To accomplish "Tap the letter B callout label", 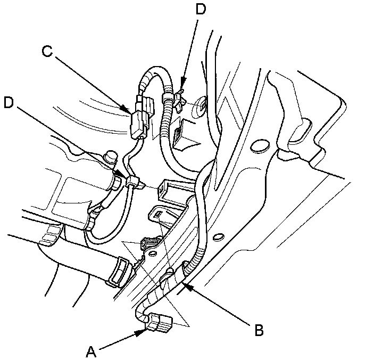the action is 258,330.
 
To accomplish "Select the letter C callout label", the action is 47,52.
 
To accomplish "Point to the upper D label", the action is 201,10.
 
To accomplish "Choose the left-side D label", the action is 8,102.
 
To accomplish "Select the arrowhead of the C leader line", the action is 129,112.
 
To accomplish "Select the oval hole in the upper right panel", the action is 259,144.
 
